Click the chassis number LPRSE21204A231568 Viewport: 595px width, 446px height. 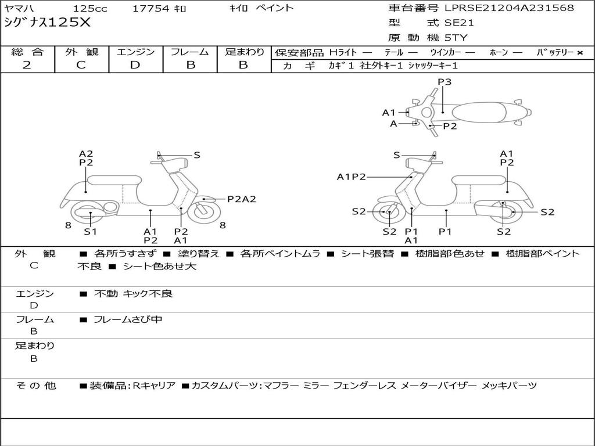click(509, 8)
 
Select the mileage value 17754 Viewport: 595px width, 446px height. click(150, 9)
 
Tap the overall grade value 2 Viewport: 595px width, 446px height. click(27, 65)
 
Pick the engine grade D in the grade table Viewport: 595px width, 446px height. click(135, 65)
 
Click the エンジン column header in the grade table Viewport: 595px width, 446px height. click(135, 52)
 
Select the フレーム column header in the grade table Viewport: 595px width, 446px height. click(190, 52)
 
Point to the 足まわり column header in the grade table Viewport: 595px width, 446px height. click(244, 52)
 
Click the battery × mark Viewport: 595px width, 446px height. click(579, 52)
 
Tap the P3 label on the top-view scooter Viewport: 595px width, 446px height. click(445, 82)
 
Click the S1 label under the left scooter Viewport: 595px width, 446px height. click(90, 232)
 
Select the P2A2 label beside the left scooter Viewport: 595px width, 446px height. click(241, 199)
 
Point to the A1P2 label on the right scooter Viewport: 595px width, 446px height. click(351, 177)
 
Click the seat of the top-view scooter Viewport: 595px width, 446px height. click(478, 111)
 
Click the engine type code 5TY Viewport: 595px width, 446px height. click(456, 38)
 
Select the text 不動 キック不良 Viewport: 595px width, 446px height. click(134, 294)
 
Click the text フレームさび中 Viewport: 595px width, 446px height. click(128, 319)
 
